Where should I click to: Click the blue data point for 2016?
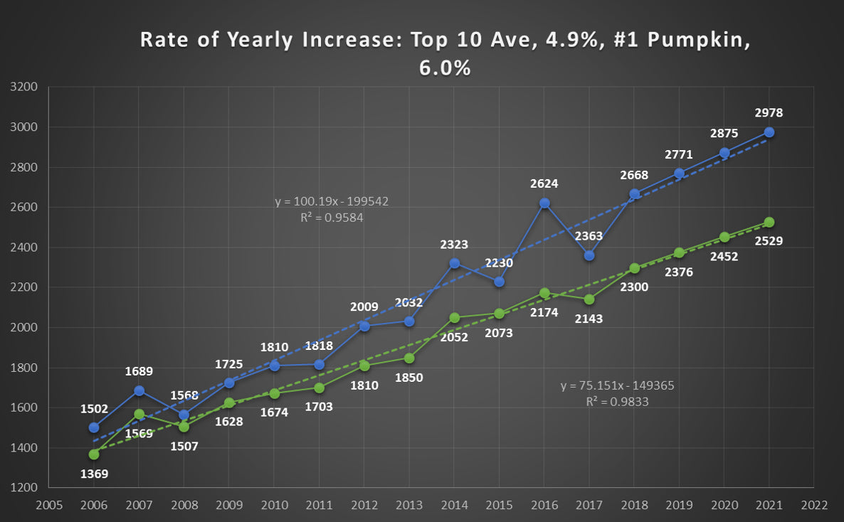click(x=544, y=203)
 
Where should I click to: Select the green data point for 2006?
click(x=94, y=454)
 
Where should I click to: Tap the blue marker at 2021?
click(x=769, y=132)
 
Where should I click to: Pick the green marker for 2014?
click(x=454, y=318)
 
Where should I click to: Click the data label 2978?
click(x=769, y=113)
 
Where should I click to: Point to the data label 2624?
click(x=544, y=183)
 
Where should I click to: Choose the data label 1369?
click(x=94, y=473)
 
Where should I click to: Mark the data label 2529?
click(x=769, y=241)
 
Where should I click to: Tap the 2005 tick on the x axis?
click(x=49, y=505)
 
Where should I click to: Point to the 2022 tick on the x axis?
click(x=813, y=505)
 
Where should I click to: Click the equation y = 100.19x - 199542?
click(x=332, y=202)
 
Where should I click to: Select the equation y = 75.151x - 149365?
click(x=617, y=385)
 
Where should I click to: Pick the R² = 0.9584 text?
click(x=332, y=218)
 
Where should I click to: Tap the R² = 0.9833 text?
click(x=617, y=401)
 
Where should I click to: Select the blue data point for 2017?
click(x=589, y=255)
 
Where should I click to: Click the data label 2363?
click(x=589, y=236)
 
